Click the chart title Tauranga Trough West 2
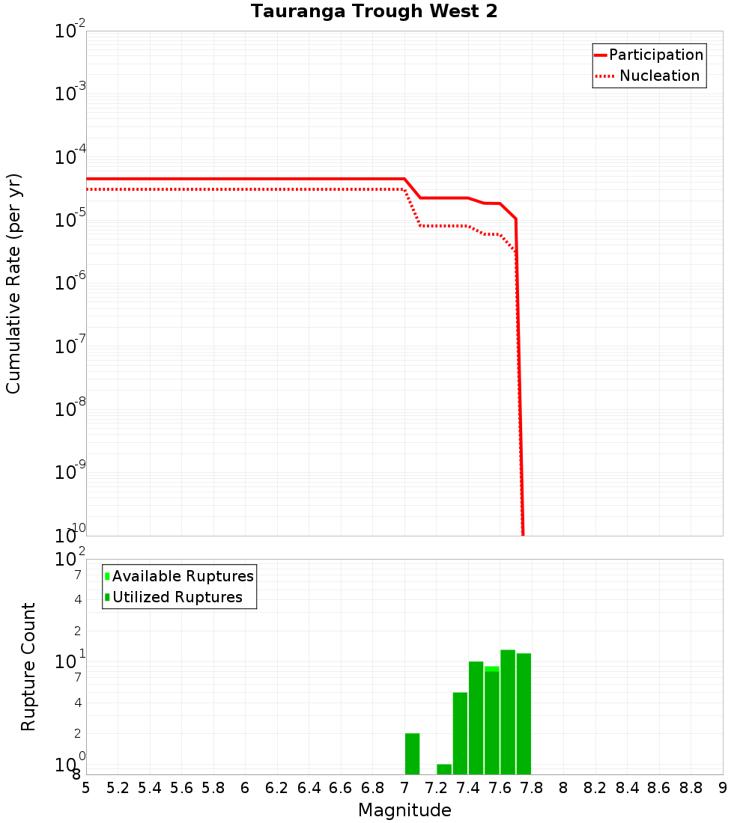click(x=374, y=11)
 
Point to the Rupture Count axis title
click(x=28, y=666)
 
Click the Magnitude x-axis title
click(x=404, y=810)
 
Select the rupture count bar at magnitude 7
click(x=412, y=754)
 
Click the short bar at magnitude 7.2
click(x=444, y=769)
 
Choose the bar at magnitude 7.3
click(x=460, y=733)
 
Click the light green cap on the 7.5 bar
click(x=491, y=668)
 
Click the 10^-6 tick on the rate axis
click(x=70, y=282)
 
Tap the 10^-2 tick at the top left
click(x=70, y=31)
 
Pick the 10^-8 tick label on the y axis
click(x=70, y=409)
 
